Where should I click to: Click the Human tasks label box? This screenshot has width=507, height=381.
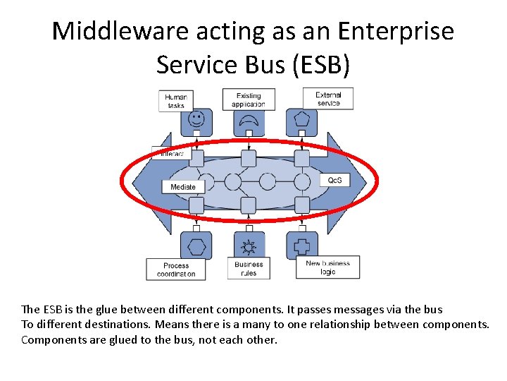pos(175,101)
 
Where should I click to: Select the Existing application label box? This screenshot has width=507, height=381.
pos(249,100)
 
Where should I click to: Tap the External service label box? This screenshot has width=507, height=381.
pos(328,99)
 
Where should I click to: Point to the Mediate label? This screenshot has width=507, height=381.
pos(183,187)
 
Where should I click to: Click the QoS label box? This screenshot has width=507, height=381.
pos(334,181)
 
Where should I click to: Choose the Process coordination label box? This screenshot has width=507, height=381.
pos(176,270)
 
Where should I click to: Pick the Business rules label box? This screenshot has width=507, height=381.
pos(249,269)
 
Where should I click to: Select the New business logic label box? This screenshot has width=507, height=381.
pos(327,267)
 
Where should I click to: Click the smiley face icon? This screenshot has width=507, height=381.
pos(196,118)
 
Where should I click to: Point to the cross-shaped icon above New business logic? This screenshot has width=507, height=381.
pos(302,247)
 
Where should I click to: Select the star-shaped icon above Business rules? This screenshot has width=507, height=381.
pos(248,247)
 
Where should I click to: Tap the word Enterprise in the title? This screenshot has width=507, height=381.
pos(398,32)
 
